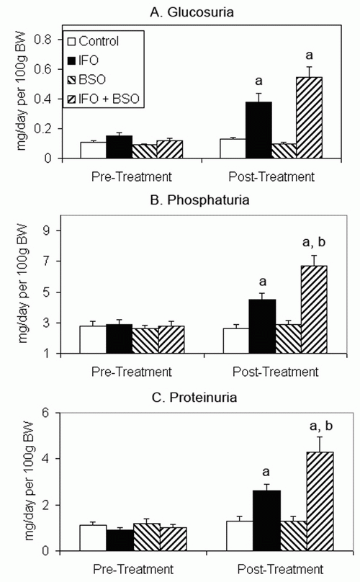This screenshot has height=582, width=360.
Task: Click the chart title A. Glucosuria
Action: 192,12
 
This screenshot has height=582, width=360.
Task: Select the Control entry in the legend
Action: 94,41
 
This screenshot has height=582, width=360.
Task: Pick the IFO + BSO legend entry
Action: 104,99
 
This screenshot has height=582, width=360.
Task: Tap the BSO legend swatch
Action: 72,80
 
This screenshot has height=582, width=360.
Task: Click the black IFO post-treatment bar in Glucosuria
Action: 258,130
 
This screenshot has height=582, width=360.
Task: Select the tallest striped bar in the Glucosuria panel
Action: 309,117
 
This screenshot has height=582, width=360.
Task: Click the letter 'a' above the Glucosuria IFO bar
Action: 258,80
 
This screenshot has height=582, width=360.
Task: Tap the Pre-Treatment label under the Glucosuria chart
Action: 132,176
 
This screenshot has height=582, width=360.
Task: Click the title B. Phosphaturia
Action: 199,200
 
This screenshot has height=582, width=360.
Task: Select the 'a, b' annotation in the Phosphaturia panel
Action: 314,242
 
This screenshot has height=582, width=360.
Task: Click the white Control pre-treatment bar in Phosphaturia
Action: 93,340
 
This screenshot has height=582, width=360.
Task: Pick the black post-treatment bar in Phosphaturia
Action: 262,326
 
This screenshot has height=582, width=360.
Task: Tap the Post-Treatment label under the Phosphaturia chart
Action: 275,372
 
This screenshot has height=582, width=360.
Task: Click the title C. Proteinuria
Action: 194,398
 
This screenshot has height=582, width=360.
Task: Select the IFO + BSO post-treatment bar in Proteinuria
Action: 320,501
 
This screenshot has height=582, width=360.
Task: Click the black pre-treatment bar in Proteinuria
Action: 120,540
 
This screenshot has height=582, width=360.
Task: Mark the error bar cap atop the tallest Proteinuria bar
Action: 320,437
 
